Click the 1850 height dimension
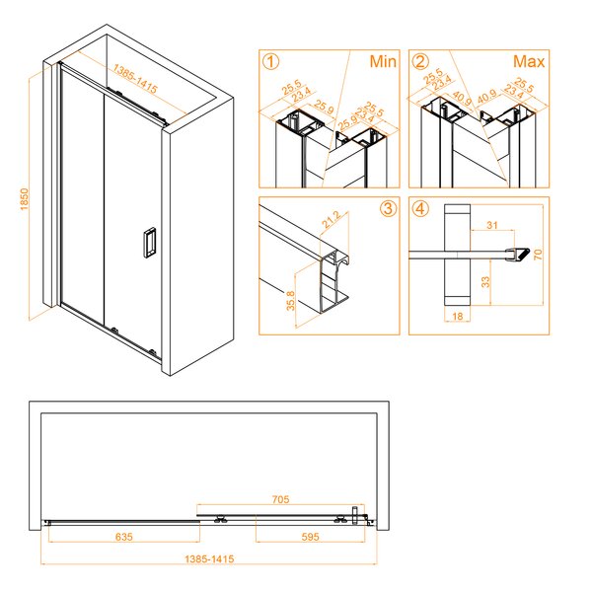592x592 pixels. pos(24,199)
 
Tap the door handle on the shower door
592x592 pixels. pos(150,243)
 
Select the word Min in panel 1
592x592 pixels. pos(383,61)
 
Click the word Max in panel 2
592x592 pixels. pos(529,61)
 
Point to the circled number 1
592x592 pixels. pos(270,61)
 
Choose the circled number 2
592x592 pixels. pos(420,61)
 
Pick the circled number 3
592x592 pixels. pos(388,208)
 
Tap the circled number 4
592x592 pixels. pos(420,208)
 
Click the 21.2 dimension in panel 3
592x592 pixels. pos(332,219)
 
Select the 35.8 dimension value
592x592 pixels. pos(290,301)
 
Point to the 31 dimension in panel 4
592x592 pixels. pos(492,225)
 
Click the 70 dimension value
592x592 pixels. pos(538,255)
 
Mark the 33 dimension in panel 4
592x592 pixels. pos(485,281)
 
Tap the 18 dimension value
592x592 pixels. pos(457,316)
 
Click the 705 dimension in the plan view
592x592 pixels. pos(280,499)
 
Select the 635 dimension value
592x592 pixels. pos(124,537)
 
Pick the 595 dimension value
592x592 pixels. pos(311,537)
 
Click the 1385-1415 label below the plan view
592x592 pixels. pos(209,558)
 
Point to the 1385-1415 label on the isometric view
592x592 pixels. pos(135,79)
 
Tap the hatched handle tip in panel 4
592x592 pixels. pos(523,254)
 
